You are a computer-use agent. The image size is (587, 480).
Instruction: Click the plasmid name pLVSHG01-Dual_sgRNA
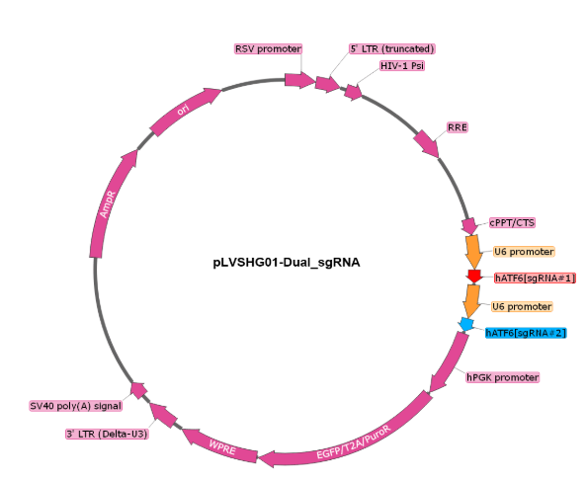tap(287, 263)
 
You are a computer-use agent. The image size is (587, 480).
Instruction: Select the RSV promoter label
tap(268, 49)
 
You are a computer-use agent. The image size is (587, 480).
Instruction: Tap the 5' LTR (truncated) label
tap(392, 49)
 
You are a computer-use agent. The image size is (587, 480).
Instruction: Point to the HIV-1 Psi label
tap(402, 66)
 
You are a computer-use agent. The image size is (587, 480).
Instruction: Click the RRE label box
tap(458, 127)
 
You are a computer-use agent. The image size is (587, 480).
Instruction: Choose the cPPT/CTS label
tap(512, 223)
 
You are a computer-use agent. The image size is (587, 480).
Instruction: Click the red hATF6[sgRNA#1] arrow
tap(474, 276)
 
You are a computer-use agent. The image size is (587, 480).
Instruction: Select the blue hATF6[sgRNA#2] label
tap(526, 333)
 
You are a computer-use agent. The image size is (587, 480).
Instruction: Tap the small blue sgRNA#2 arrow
tap(466, 324)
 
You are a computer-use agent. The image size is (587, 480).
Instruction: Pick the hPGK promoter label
tap(502, 377)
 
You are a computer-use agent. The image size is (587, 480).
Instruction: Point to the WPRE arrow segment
tap(221, 446)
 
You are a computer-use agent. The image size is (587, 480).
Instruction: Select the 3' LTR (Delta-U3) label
tap(107, 434)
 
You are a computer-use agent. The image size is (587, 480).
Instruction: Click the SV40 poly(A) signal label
tap(76, 406)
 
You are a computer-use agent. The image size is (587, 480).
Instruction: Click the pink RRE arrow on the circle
tap(427, 144)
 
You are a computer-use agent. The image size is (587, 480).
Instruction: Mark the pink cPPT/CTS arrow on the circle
tap(469, 226)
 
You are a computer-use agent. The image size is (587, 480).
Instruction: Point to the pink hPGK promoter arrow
tap(449, 361)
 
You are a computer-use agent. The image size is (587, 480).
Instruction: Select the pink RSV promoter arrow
tap(299, 80)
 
